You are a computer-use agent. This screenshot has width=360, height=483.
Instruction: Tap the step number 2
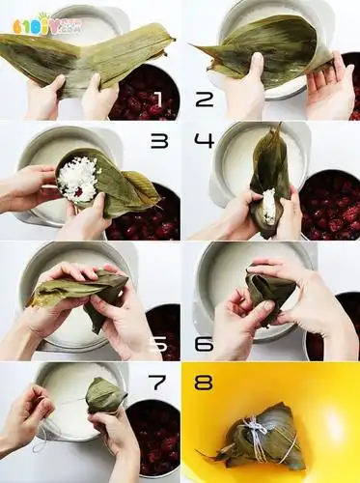click(204, 99)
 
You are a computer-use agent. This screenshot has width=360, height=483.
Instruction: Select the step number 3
click(158, 141)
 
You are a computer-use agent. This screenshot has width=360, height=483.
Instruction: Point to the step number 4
click(204, 141)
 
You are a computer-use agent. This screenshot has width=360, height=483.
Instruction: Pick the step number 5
click(159, 343)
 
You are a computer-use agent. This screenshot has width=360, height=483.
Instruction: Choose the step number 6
click(204, 343)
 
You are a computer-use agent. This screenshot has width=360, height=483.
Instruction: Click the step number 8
click(204, 383)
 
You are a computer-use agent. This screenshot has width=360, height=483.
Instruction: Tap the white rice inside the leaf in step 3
click(77, 179)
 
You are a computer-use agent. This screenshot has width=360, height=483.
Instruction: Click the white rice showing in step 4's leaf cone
click(267, 205)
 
